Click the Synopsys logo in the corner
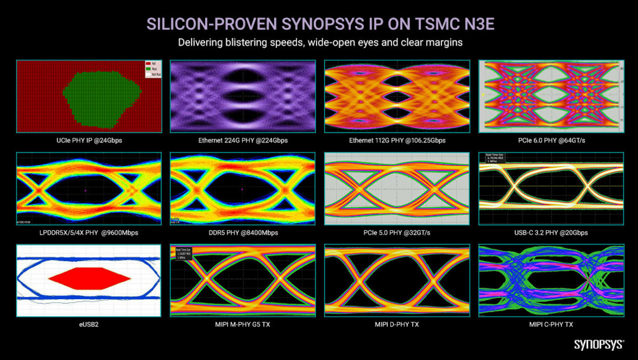[598, 344]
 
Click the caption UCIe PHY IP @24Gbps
[89, 140]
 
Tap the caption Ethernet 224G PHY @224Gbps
[243, 140]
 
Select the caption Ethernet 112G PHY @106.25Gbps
[397, 140]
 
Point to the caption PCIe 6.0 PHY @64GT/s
[551, 140]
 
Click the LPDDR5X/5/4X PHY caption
[89, 233]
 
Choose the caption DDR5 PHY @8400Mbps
[243, 233]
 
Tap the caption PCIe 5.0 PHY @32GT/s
[397, 233]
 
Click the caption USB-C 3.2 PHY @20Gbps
[551, 233]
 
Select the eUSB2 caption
[89, 324]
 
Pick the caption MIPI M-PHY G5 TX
[243, 324]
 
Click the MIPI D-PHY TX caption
[397, 324]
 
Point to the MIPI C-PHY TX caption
[551, 324]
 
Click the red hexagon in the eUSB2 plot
[89, 278]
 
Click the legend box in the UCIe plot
[153, 69]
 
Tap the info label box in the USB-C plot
[495, 158]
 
